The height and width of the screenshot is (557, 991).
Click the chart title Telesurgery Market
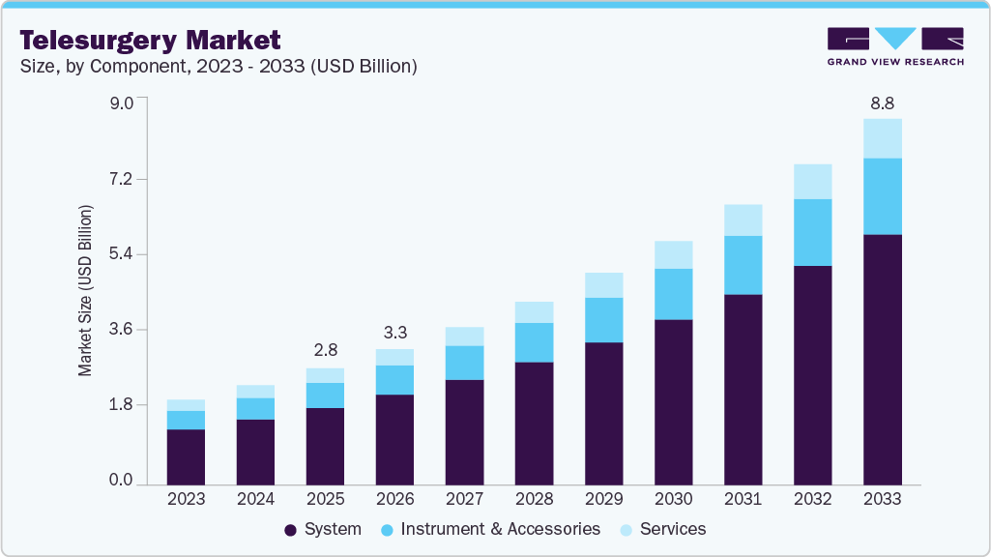150,40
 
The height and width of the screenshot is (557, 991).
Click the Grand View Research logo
895,46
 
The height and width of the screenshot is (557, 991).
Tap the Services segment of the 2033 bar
882,138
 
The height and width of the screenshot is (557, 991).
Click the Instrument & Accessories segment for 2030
673,294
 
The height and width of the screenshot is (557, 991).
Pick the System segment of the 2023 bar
186,456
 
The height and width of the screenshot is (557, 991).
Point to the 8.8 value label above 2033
882,103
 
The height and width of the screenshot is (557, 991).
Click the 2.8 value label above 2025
325,349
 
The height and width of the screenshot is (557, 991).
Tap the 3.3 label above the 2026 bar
394,332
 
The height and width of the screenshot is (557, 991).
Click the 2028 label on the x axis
534,500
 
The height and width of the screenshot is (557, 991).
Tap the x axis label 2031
743,500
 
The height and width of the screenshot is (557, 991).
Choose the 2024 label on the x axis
255,500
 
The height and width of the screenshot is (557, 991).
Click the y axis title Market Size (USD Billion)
86,290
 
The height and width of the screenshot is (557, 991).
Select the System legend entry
323,529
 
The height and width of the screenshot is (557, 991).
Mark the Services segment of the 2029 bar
603,285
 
